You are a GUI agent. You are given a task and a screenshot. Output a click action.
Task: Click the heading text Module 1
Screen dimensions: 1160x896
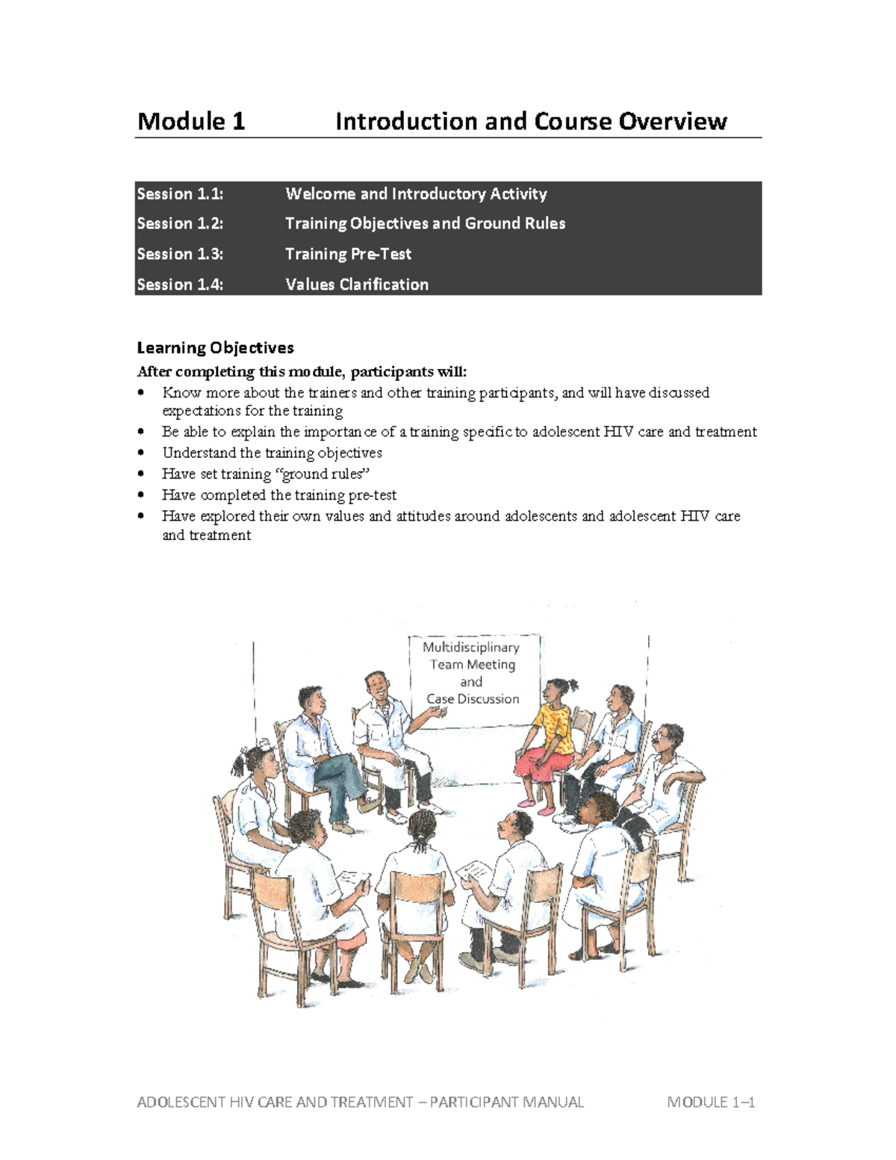coord(191,121)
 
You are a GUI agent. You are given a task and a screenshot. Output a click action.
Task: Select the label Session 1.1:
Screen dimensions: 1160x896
coord(180,194)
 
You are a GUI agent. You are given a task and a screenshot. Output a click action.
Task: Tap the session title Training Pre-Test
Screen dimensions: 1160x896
coord(348,254)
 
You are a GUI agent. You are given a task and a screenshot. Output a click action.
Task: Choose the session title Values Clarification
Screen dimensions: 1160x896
coord(357,285)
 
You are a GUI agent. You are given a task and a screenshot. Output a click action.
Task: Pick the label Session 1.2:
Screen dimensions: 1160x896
coord(180,223)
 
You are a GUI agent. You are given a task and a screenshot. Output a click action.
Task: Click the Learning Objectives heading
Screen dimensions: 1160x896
coord(215,347)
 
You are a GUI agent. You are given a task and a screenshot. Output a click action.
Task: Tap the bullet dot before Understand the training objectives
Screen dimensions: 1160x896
coord(142,453)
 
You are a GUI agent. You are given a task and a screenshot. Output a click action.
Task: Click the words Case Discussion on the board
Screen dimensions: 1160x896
coord(473,699)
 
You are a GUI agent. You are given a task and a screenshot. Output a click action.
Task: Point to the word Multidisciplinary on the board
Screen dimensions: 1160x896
coord(471,647)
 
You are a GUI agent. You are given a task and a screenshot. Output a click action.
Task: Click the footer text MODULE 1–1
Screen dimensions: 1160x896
coord(712,1102)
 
